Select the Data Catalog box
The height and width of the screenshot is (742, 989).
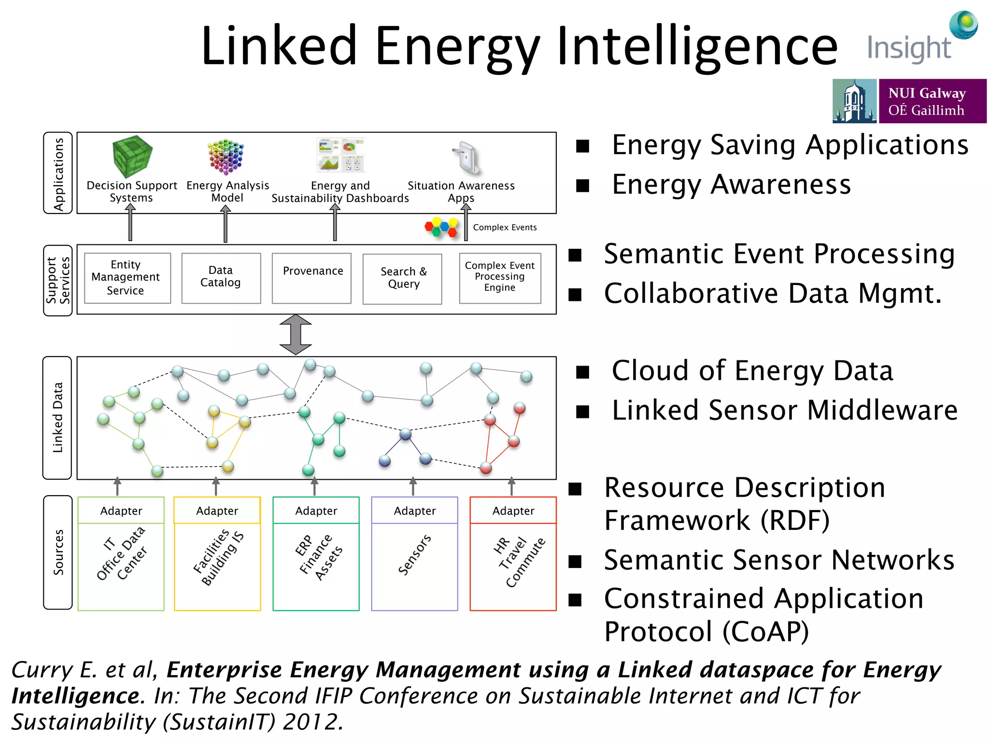221,278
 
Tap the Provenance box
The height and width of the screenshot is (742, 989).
312,278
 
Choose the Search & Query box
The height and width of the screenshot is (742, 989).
402,279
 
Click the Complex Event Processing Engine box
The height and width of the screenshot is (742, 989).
500,278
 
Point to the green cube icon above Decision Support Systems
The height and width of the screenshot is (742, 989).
132,156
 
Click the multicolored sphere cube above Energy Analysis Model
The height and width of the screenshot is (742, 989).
226,157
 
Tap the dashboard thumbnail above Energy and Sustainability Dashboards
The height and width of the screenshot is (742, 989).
340,155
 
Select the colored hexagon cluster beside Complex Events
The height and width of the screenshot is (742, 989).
441,227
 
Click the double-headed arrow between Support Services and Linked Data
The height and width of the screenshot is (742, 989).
296,335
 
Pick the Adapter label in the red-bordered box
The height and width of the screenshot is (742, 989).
513,511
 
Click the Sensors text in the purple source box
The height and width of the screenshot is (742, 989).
414,555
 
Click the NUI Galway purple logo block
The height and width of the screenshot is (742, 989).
932,101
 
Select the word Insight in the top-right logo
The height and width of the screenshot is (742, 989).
909,48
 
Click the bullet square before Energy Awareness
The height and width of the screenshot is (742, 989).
583,186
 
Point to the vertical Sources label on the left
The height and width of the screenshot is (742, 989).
58,552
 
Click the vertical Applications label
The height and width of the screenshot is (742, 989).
58,173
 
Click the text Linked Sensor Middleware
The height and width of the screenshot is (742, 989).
784,411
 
